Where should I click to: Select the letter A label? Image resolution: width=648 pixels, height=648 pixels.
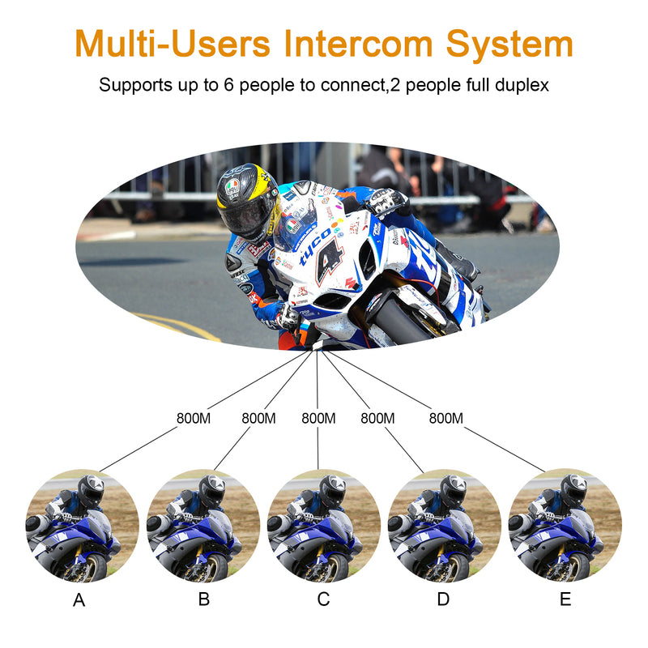click(x=79, y=600)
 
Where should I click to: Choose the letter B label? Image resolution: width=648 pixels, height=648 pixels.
click(x=203, y=600)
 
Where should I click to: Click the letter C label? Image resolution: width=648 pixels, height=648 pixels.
click(x=323, y=600)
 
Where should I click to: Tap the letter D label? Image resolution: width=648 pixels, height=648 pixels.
click(x=443, y=600)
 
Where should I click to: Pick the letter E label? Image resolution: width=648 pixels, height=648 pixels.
click(x=565, y=600)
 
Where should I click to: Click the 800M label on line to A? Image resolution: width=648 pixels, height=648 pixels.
click(x=194, y=419)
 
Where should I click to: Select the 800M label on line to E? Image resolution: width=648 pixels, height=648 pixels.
click(x=446, y=419)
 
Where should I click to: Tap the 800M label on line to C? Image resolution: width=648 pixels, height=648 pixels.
click(x=318, y=419)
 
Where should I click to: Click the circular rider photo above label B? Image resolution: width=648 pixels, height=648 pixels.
click(x=202, y=526)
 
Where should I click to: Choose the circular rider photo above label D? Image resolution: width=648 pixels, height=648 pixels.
click(x=444, y=526)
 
